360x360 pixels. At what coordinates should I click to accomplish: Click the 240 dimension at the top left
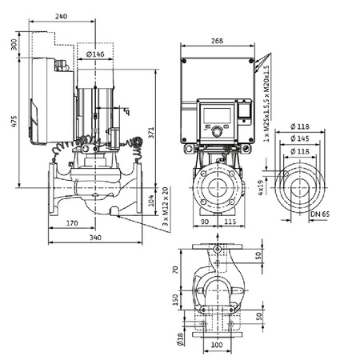tap(61, 15)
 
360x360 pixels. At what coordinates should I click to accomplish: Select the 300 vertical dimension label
tap(13, 45)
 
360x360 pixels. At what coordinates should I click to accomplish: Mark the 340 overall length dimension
tap(94, 238)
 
